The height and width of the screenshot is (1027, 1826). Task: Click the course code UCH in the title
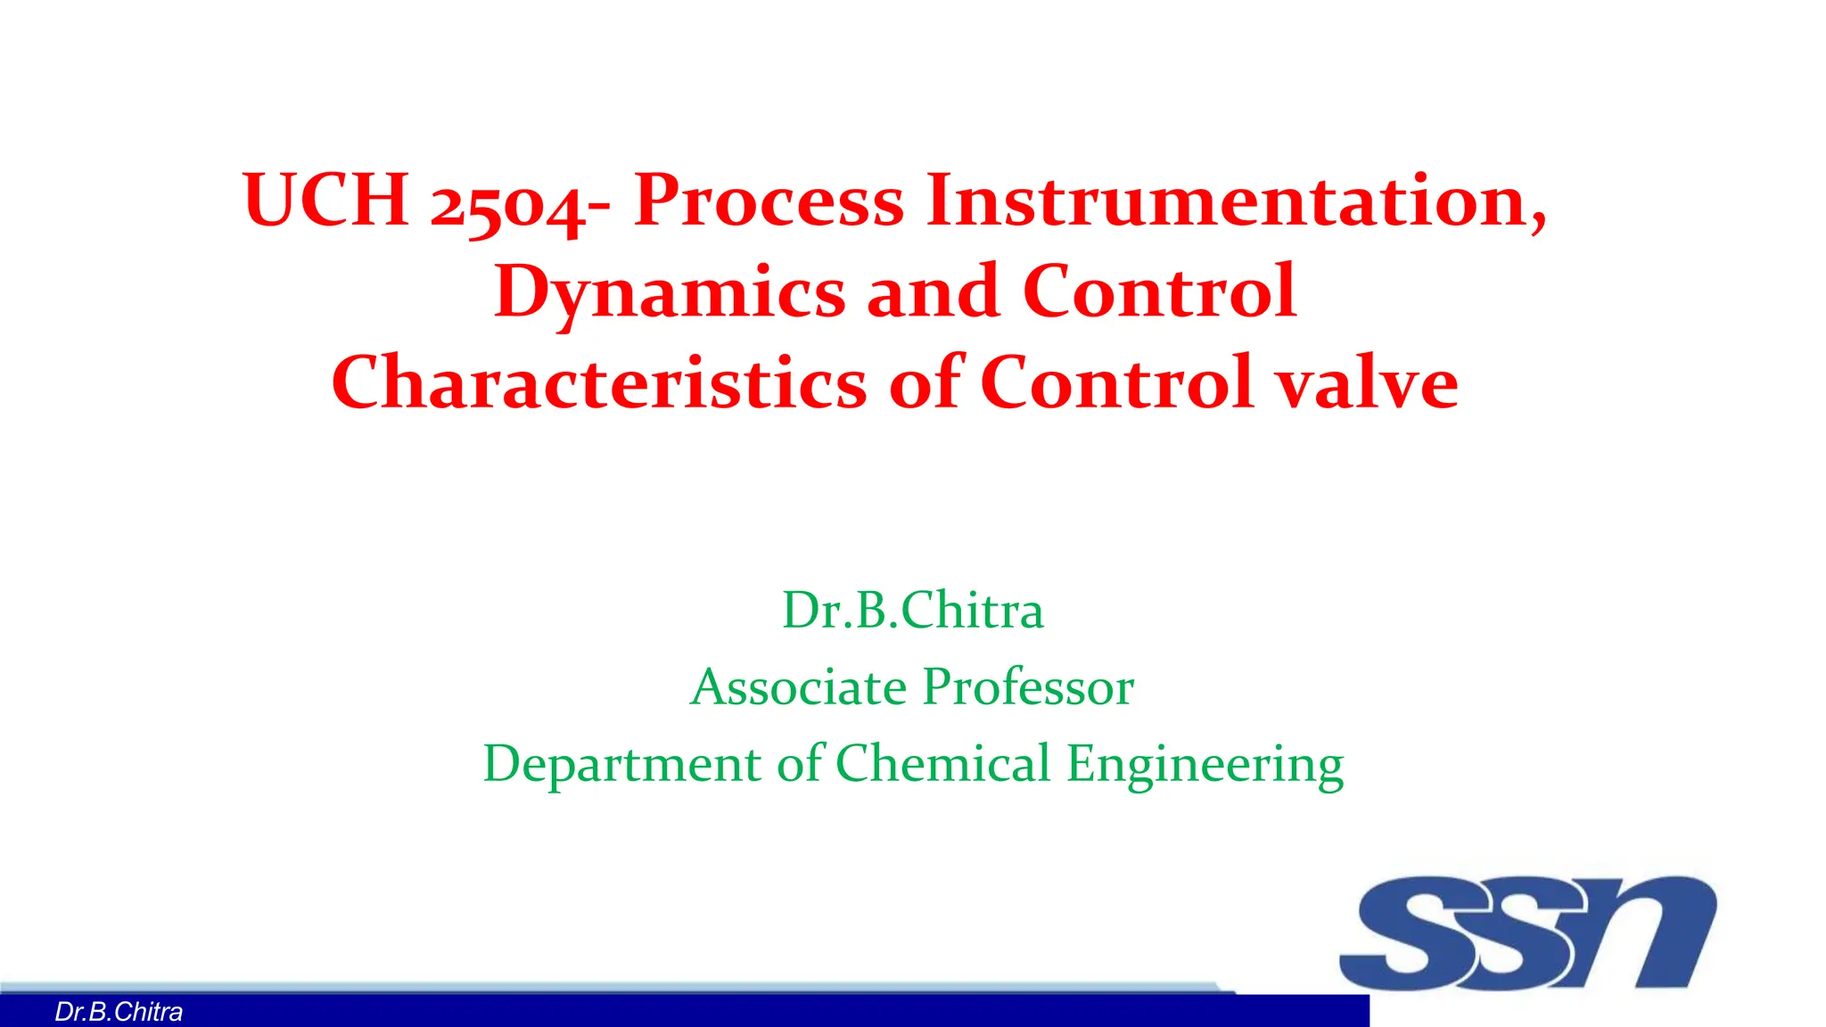(x=325, y=200)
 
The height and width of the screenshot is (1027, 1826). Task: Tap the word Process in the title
(x=769, y=200)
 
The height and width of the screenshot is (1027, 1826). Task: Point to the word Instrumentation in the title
(x=1236, y=200)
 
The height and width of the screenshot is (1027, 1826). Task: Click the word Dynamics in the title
(x=669, y=292)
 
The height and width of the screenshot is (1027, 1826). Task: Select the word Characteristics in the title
(x=598, y=382)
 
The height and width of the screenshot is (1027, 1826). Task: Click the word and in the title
(x=933, y=292)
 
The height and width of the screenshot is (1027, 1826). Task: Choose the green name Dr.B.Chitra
(x=912, y=611)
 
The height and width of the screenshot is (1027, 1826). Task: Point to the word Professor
(x=1028, y=687)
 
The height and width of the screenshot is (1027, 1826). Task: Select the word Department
(x=622, y=765)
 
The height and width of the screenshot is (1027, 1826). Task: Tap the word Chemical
(x=942, y=764)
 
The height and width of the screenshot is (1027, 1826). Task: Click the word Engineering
(x=1205, y=765)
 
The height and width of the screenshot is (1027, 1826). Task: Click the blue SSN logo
(x=1527, y=933)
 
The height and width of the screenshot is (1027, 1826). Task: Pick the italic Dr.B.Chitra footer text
(x=119, y=1012)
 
